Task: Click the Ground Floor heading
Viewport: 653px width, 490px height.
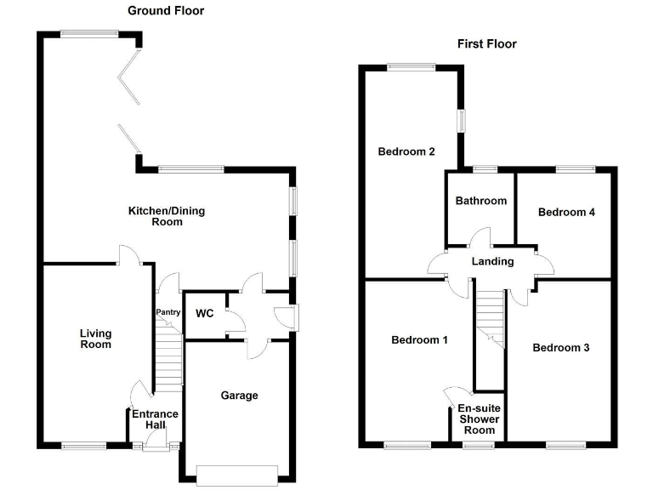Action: click(166, 10)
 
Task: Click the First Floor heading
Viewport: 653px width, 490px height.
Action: click(487, 43)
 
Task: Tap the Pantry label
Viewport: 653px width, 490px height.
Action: click(168, 312)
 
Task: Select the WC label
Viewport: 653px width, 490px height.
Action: click(204, 313)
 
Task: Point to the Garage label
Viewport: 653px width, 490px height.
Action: click(240, 396)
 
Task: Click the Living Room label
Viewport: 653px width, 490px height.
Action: click(96, 339)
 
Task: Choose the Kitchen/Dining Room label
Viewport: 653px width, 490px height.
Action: click(167, 216)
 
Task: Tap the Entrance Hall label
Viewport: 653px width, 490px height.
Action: click(155, 419)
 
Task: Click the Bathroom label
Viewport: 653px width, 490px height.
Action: click(481, 201)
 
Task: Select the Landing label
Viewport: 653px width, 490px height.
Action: click(492, 262)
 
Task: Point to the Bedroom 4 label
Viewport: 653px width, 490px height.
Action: click(566, 212)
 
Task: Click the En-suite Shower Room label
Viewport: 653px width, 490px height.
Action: click(479, 419)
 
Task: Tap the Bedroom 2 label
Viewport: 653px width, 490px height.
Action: click(406, 151)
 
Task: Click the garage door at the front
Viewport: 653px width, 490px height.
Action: click(237, 476)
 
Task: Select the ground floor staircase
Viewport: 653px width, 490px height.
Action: click(169, 354)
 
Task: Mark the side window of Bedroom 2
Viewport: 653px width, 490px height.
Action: click(462, 121)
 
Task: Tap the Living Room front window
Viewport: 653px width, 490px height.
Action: click(84, 447)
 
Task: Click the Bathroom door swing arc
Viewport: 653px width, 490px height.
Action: click(480, 236)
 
